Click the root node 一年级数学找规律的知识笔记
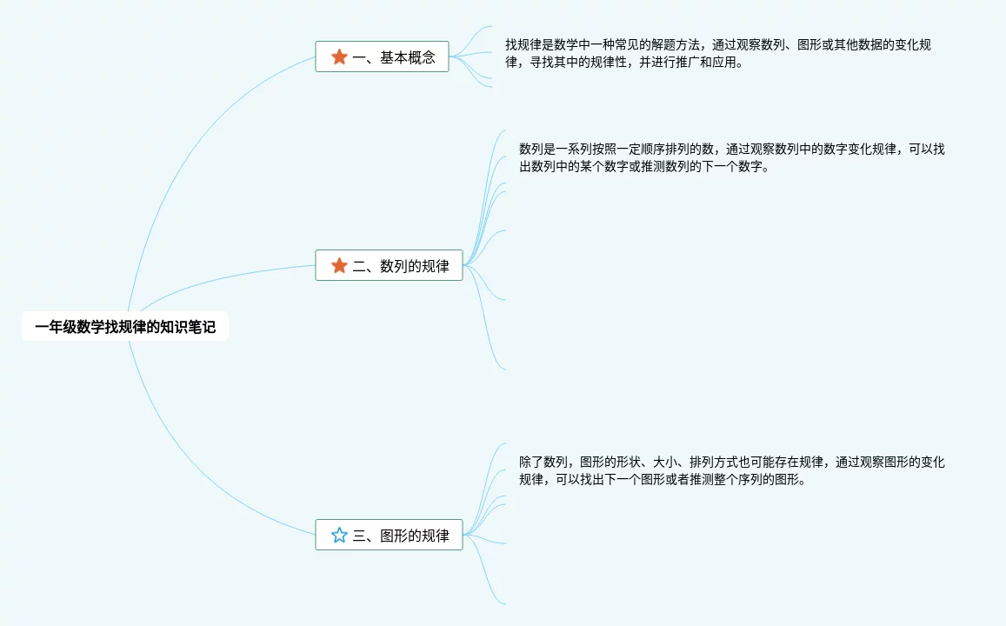tap(125, 327)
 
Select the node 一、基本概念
tap(382, 57)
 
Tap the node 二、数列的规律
tap(389, 265)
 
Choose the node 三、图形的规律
tap(389, 535)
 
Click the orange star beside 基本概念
tap(339, 57)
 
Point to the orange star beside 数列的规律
tap(339, 265)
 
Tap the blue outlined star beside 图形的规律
tap(339, 535)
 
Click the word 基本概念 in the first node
tap(408, 57)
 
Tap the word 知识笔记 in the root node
tap(188, 327)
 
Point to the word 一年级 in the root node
tap(56, 327)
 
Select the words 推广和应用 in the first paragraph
tap(707, 63)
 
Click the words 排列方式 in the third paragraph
tap(715, 462)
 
